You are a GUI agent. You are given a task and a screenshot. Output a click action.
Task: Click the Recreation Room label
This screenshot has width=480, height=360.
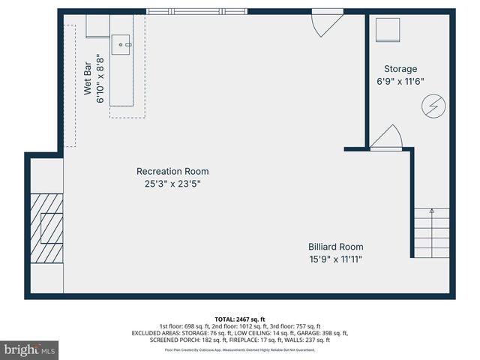point(172,171)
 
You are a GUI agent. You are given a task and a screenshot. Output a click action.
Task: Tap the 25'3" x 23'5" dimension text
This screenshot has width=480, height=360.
point(172,183)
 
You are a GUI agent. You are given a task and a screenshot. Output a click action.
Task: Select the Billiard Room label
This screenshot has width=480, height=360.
point(335,247)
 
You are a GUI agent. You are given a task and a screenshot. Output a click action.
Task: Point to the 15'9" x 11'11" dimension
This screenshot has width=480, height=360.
point(335,259)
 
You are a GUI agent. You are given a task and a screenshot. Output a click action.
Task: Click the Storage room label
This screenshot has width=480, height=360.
point(400,68)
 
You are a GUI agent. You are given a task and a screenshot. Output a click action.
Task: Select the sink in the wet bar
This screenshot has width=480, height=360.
point(121,45)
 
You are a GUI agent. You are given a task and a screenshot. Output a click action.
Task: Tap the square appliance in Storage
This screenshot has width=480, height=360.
point(388,29)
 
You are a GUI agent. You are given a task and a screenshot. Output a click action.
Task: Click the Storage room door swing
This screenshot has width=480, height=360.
point(387,136)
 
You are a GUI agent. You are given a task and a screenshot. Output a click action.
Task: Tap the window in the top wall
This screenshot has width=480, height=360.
point(196,11)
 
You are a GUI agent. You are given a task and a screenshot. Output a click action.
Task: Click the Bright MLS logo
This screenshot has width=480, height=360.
point(30,349)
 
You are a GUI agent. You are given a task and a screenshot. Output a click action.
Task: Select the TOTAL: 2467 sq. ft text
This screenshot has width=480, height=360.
point(240,318)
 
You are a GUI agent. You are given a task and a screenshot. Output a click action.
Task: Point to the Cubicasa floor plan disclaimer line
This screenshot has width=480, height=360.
point(240,349)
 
